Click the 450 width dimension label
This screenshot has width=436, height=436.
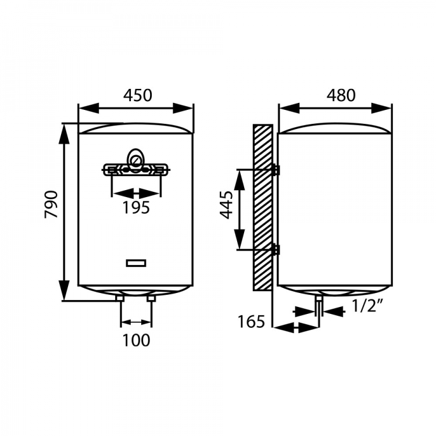[x=138, y=95]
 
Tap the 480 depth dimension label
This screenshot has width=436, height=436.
[x=341, y=95]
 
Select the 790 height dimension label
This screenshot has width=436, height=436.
[x=51, y=205]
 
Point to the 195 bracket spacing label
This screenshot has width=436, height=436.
[x=136, y=208]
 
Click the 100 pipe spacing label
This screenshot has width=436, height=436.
[x=136, y=340]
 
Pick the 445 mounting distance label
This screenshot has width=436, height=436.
[x=226, y=205]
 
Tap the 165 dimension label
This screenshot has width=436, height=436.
[x=251, y=321]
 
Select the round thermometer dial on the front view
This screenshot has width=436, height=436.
[x=135, y=160]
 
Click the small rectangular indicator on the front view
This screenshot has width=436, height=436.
[x=136, y=263]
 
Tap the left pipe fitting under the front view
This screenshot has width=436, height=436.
[x=120, y=299]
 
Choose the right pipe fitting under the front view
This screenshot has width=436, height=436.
[x=152, y=299]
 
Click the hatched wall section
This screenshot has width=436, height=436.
[x=263, y=208]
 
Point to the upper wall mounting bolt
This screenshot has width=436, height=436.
[x=276, y=170]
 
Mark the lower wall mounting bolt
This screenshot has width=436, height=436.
[x=276, y=250]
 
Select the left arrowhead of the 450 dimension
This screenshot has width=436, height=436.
[x=89, y=108]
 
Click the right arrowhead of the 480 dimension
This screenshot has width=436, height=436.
[x=381, y=108]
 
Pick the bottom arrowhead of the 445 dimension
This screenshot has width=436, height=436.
[x=239, y=239]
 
